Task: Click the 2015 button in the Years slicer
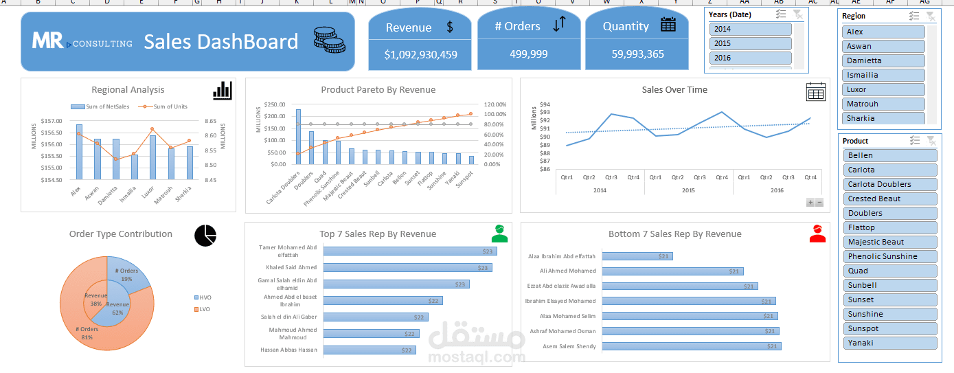(x=750, y=43)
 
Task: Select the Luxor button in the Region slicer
(x=883, y=89)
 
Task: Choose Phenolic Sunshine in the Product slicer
(x=889, y=256)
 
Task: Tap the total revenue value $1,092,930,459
(x=420, y=54)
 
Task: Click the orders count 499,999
(x=529, y=54)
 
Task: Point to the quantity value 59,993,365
(x=637, y=54)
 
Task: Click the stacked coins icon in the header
(x=330, y=41)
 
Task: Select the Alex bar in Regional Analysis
(x=79, y=152)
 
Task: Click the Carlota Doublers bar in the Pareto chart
(x=298, y=137)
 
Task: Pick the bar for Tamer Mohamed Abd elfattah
(x=409, y=251)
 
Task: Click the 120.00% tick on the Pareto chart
(x=495, y=104)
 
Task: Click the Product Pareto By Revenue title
(x=378, y=89)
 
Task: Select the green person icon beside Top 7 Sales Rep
(x=499, y=234)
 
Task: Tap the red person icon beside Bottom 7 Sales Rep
(x=817, y=234)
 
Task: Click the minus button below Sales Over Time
(x=819, y=203)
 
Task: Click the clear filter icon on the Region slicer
(x=930, y=16)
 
